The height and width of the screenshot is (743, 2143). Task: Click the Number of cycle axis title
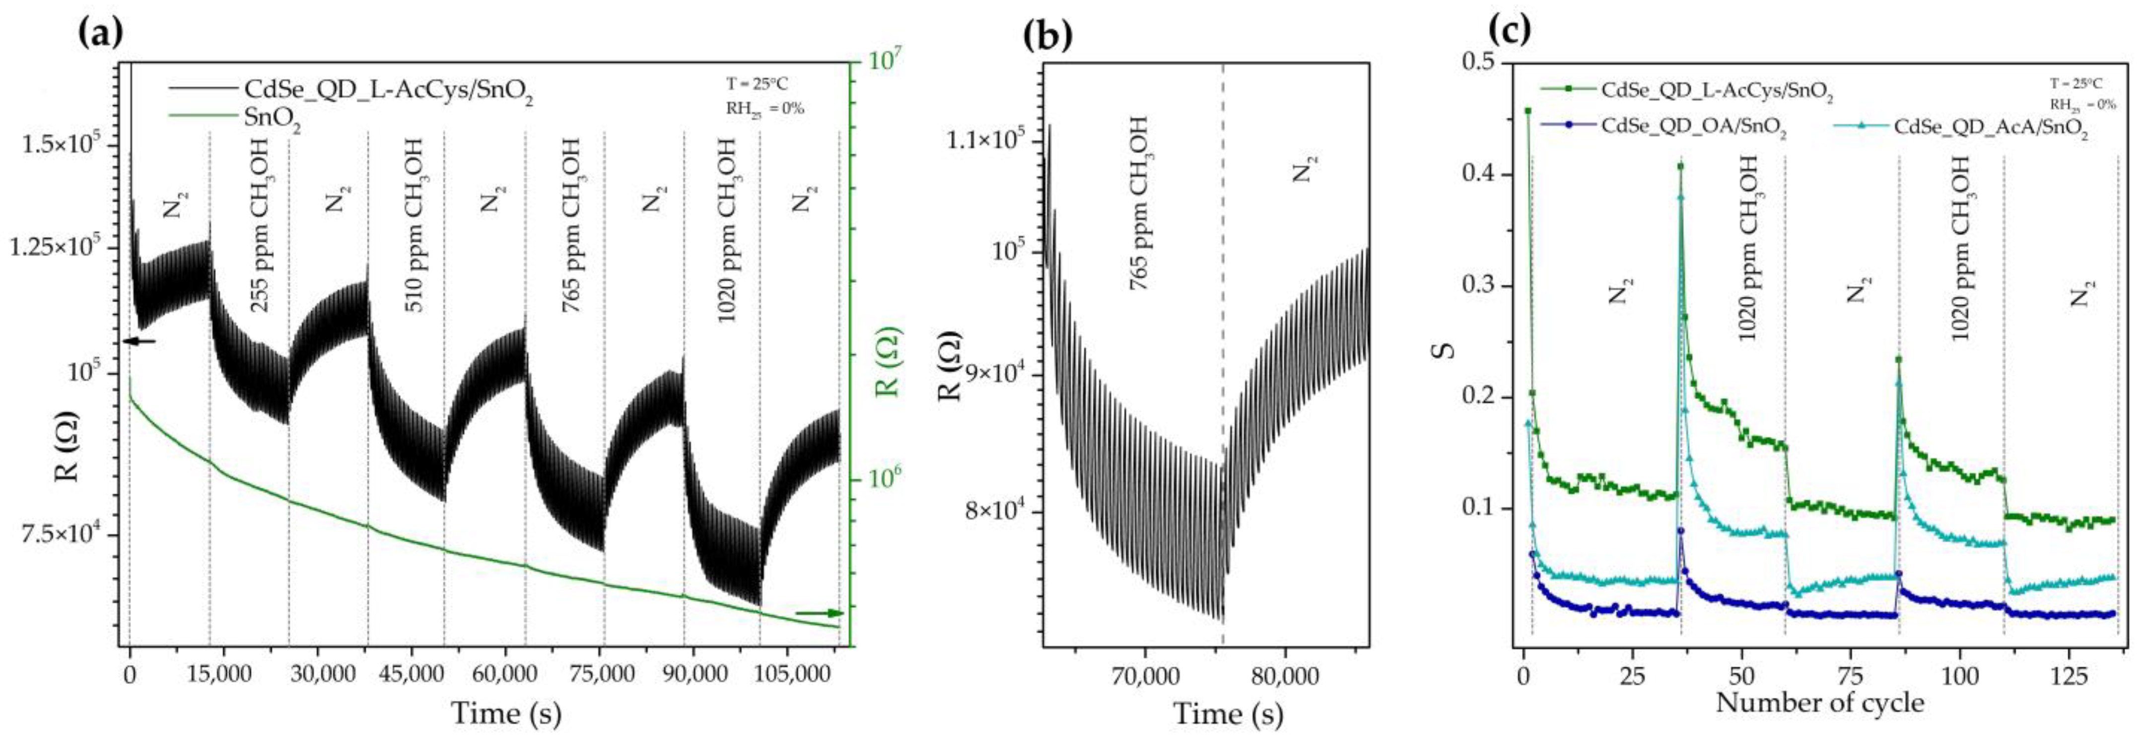click(1819, 703)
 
